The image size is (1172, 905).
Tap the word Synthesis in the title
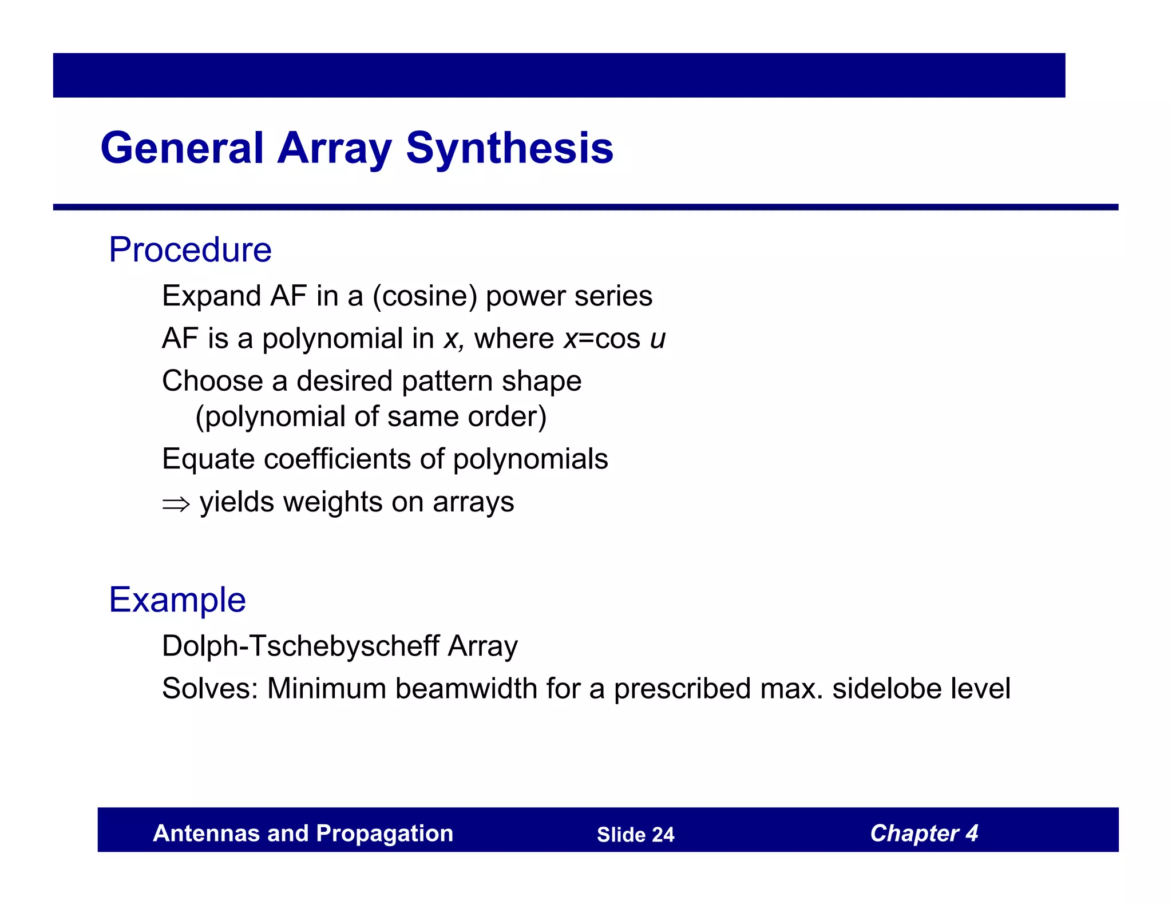click(509, 148)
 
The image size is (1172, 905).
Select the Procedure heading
click(190, 250)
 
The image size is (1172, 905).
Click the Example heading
click(177, 600)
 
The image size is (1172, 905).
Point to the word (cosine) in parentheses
click(425, 296)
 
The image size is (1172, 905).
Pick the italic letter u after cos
click(658, 339)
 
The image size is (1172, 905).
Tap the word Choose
click(212, 381)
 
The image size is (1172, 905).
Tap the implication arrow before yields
click(175, 504)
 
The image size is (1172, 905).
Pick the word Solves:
click(210, 689)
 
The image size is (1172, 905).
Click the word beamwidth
click(466, 689)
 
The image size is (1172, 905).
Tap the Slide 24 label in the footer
click(635, 835)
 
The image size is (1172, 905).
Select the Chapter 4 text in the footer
click(924, 833)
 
